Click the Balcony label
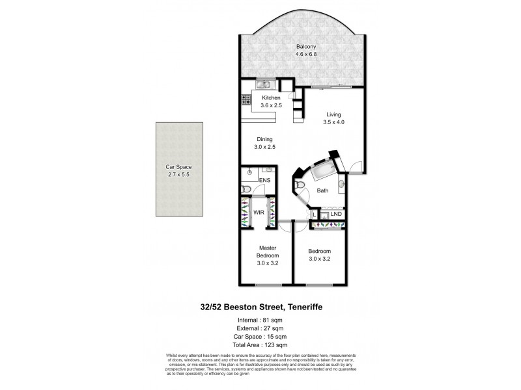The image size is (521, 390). pos(307,47)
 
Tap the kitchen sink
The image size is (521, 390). pos(264,84)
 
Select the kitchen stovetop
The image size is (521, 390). pos(246,101)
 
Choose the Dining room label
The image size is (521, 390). pos(264,139)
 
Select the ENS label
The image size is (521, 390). pos(265,180)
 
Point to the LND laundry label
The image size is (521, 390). pos(336,213)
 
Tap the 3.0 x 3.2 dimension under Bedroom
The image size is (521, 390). pos(320,259)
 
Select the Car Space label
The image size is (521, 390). pos(178,167)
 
